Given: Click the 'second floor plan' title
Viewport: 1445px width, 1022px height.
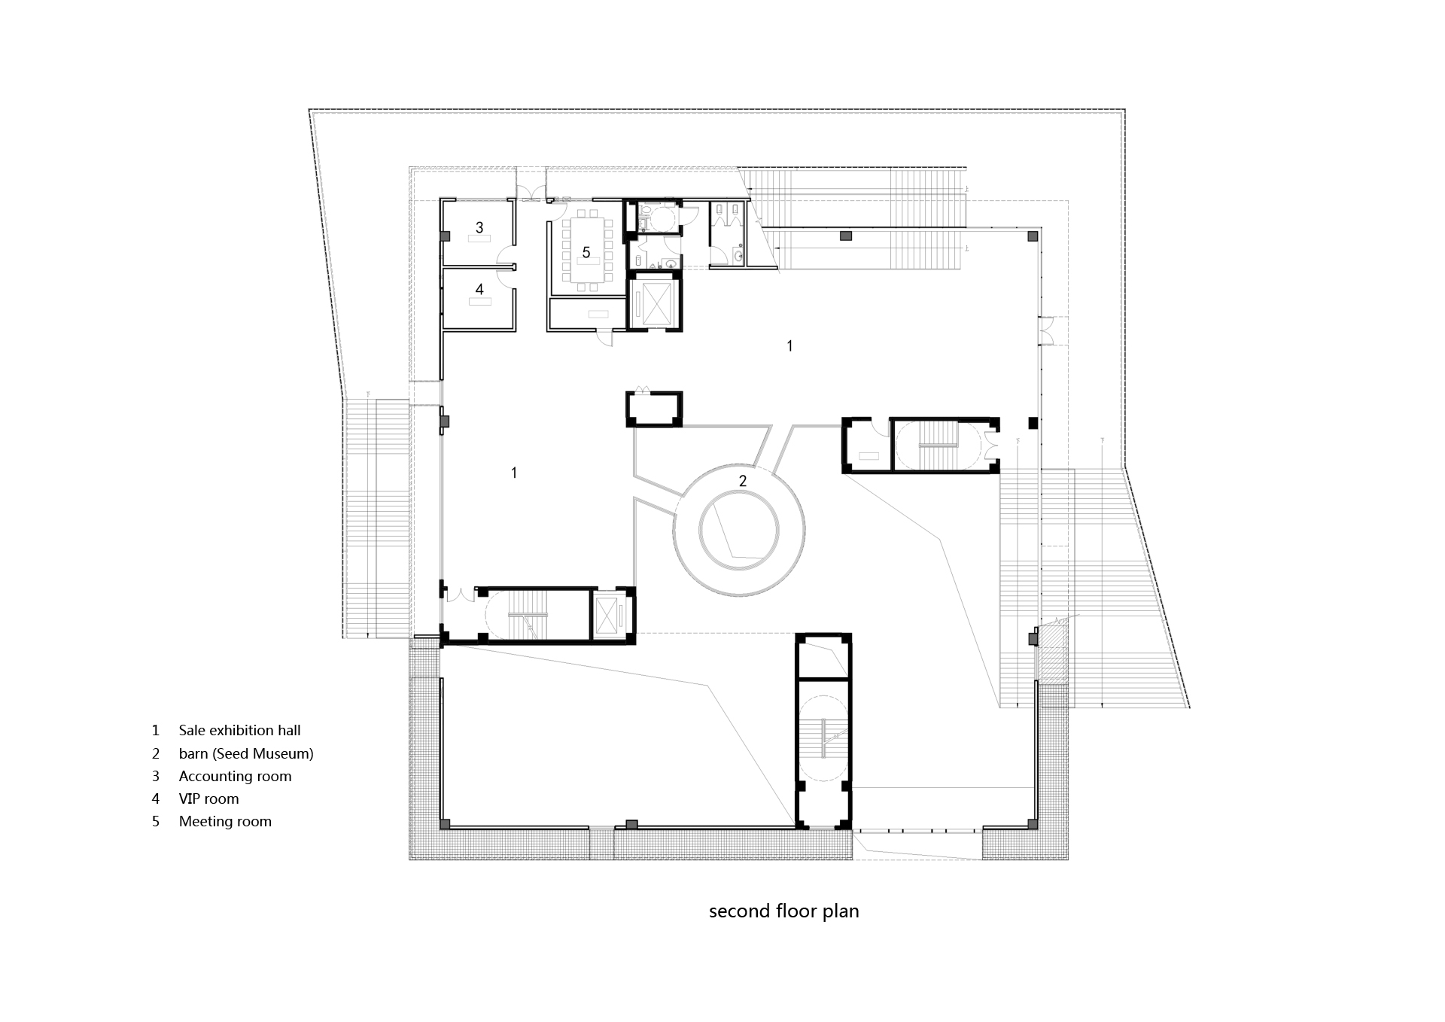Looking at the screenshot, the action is pos(783,911).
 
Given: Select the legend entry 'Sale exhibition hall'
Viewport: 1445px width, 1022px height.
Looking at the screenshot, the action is pos(239,730).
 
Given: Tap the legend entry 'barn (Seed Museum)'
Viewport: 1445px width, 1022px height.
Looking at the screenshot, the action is pos(246,753).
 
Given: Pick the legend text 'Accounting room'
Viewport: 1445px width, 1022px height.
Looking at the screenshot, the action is pos(235,776).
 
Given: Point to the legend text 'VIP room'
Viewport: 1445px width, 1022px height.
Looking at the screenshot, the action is pos(208,798).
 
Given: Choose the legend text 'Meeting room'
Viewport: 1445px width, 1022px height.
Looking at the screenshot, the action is pos(225,821).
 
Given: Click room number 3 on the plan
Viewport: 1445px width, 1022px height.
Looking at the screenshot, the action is pos(479,227).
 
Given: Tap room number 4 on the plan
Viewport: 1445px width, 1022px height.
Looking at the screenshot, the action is pos(479,288).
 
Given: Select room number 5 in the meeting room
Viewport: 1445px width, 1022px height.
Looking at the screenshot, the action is pos(586,251).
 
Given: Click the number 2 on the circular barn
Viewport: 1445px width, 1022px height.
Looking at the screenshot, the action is pos(743,481).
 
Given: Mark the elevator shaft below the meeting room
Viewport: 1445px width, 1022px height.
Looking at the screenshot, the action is pos(654,302).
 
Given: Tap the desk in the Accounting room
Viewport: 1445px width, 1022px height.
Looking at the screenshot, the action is pos(479,239).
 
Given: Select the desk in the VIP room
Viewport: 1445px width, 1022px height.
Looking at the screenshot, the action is pos(479,301).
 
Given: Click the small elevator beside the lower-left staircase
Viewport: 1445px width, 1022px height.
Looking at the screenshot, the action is pos(607,615).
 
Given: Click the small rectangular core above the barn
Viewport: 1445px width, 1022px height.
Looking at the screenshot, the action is pos(654,409).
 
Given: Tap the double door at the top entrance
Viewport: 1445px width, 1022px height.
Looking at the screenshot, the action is pos(531,194).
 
